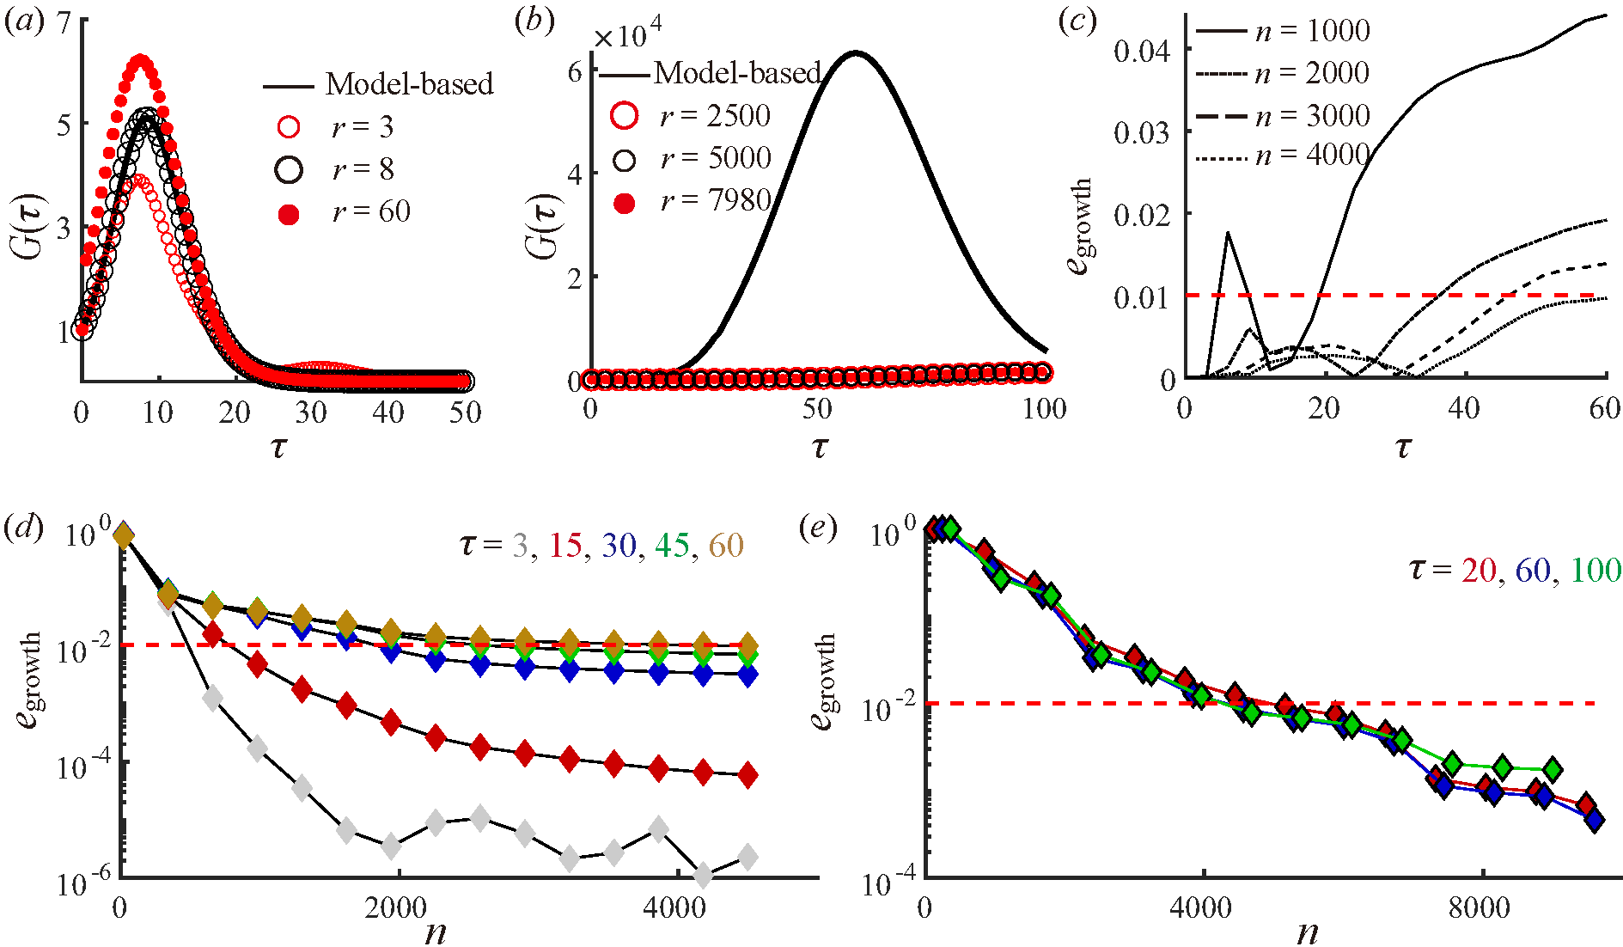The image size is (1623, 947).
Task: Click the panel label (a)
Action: [x=23, y=21]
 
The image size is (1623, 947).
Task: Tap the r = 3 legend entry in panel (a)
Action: [x=339, y=127]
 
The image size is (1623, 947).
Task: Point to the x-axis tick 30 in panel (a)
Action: [x=311, y=412]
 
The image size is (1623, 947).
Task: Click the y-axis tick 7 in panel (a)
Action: [x=64, y=21]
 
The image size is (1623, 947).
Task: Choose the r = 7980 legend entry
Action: [x=691, y=201]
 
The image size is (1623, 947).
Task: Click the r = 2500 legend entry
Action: [x=691, y=116]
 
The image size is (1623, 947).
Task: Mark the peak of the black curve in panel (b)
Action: [x=856, y=53]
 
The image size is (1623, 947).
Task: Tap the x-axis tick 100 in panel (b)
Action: [x=1045, y=408]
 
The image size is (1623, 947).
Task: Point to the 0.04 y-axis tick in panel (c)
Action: [x=1142, y=51]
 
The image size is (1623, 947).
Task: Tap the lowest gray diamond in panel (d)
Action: [x=704, y=876]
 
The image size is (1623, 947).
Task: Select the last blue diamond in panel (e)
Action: [x=1595, y=819]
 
